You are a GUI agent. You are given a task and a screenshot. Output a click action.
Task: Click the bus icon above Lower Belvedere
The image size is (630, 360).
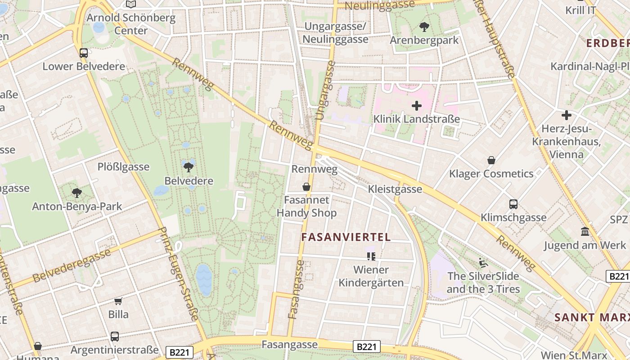pos(83,53)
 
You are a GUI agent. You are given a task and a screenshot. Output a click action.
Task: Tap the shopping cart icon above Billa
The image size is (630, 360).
pos(118,301)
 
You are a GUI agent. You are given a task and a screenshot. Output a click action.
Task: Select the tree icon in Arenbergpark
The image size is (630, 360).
pos(424,27)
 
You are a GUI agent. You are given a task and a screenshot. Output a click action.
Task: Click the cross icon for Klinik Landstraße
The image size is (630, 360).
pos(417,106)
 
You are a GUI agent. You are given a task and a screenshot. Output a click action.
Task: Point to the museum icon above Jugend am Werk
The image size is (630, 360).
pos(585,232)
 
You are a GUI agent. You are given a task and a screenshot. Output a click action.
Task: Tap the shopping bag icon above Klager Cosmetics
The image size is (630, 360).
pos(491,160)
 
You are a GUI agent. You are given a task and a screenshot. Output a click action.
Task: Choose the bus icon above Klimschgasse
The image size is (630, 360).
pos(513,204)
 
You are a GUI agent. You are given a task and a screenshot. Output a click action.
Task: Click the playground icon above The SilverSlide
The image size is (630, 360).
pos(483,262)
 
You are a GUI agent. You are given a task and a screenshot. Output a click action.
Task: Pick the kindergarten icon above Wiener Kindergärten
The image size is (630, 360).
pos(371,256)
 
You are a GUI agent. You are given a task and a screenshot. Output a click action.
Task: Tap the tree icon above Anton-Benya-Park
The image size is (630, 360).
pos(77,193)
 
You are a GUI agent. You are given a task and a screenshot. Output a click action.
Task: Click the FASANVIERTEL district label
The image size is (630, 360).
pos(346,237)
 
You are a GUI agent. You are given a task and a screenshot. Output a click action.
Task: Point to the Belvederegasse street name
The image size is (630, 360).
pos(72,265)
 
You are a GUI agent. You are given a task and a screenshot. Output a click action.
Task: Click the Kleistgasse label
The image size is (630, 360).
pos(395,189)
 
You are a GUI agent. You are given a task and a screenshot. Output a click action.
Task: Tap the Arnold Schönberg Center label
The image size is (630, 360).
pos(130,24)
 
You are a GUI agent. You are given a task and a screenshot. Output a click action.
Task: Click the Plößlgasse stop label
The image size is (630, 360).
pos(123,167)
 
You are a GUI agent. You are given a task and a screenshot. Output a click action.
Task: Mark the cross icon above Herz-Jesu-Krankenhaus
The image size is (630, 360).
pos(566,115)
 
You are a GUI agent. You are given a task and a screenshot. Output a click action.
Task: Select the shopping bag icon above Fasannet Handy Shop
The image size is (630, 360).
pos(306,186)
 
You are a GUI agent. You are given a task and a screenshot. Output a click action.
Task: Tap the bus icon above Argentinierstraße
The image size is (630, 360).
pos(115,336)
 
